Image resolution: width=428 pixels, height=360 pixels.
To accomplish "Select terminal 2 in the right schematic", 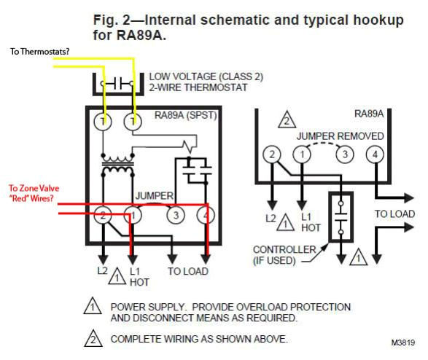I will point(271,154).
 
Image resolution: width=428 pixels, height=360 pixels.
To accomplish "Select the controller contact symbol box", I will point(341,215).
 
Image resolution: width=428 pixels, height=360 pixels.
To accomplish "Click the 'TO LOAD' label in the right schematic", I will point(394,214).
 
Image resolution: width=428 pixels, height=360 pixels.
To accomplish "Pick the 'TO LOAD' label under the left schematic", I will point(187,271).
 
